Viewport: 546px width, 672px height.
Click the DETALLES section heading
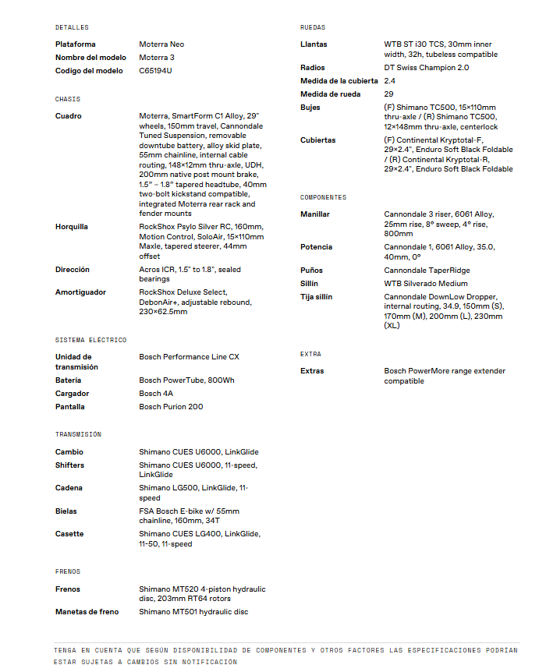pos(72,27)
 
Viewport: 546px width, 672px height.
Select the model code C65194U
pos(155,71)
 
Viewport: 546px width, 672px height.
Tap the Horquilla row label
pos(72,227)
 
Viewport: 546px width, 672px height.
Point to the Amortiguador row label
pos(81,292)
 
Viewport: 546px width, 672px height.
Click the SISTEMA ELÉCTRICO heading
pos(90,340)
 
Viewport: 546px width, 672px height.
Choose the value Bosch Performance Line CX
pos(189,357)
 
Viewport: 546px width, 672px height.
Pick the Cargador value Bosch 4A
pos(156,394)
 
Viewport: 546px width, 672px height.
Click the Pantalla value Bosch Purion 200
pos(171,407)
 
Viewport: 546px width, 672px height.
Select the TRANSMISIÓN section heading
pos(78,434)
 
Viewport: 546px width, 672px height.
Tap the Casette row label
pos(69,534)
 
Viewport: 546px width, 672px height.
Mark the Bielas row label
pos(66,511)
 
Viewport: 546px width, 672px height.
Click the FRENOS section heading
pos(68,571)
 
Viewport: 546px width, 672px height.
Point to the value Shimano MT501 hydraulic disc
pos(193,612)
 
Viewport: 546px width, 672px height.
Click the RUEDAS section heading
pos(313,27)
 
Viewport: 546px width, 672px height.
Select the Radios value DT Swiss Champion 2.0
pos(426,68)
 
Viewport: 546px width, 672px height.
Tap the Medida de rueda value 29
pos(388,94)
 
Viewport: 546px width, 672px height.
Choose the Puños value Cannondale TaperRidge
pos(427,271)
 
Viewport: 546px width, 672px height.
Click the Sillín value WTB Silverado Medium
pos(425,284)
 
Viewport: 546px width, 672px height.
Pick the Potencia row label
pos(316,247)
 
